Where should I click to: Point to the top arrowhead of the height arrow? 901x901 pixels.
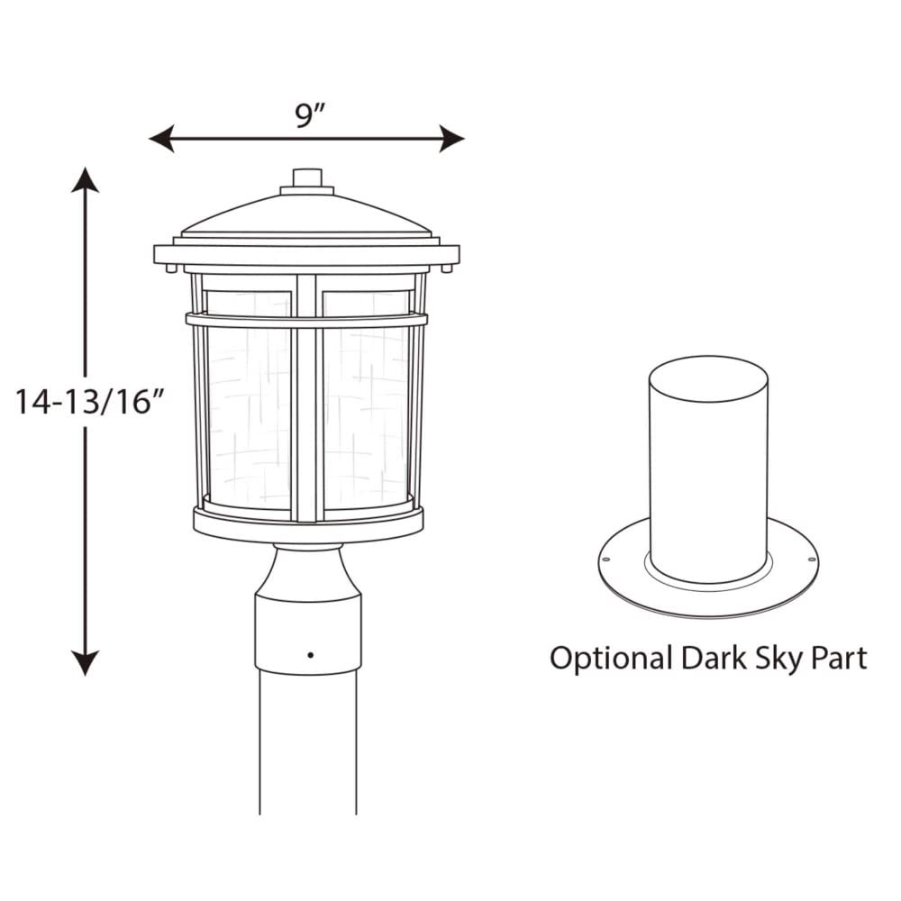86,178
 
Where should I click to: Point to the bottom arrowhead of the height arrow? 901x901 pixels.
86,664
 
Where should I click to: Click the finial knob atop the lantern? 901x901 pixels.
307,177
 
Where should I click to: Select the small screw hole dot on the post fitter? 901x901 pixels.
309,653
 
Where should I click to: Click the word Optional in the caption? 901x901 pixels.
610,659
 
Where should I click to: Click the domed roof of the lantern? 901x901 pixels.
306,216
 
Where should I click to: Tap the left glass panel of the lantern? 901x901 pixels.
249,414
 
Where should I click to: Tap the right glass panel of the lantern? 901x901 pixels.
366,414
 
